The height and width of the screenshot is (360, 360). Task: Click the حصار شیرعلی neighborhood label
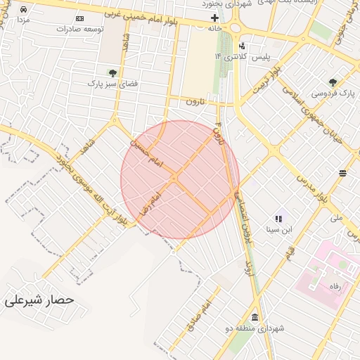pos(39,300)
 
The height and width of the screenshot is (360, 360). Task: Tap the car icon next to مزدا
pos(24,10)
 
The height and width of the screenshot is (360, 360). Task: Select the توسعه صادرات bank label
pos(99,29)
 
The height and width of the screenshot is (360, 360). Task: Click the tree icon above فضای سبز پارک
pos(112,72)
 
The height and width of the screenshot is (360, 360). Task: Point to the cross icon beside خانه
pos(215,18)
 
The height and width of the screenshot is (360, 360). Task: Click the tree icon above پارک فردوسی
pos(333,82)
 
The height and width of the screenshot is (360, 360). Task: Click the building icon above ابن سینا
pos(278,219)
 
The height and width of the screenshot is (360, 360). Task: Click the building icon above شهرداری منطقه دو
pos(254,318)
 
